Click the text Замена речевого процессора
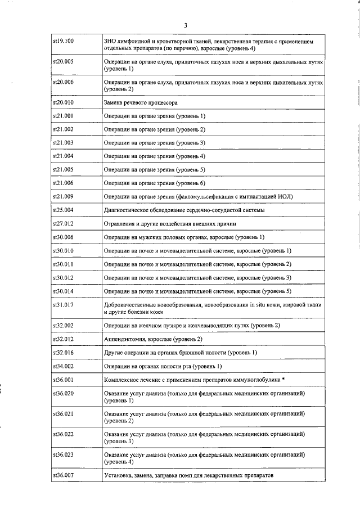tap(141, 103)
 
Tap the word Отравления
tap(119, 223)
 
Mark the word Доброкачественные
tap(129, 304)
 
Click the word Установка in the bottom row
tap(118, 476)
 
